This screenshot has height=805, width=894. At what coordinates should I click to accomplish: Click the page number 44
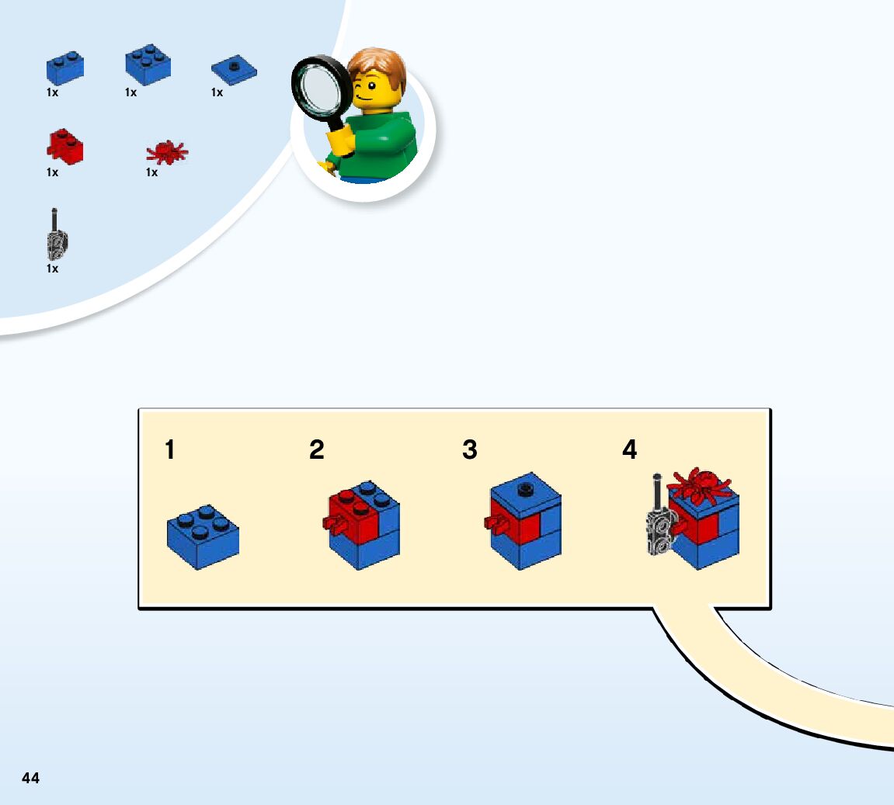coord(30,778)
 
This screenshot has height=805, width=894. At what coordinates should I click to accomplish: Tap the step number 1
coord(169,449)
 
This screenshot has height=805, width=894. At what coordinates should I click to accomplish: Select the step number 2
coord(316,449)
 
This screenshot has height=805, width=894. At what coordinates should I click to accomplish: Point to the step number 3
coord(470,449)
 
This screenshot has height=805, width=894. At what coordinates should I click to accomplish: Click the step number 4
coord(629,449)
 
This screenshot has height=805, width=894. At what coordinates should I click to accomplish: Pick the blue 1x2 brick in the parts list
coord(64,68)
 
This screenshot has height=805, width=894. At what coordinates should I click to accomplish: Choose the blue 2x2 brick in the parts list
coord(148,64)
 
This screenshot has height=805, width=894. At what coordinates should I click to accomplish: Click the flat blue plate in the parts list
coord(234,70)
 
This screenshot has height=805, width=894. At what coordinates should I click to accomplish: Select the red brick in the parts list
coord(65,147)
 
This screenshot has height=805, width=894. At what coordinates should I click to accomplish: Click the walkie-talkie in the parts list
coord(54,237)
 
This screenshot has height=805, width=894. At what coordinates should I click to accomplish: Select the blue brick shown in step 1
coord(203,537)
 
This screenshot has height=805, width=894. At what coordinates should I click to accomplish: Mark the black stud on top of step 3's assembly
coord(525,488)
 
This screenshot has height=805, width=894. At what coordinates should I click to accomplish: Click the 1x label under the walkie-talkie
coord(52,269)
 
